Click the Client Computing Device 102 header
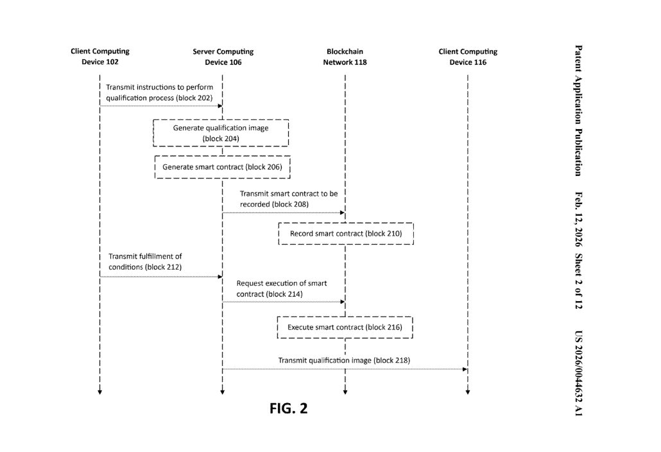(100, 56)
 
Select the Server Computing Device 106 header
(223, 56)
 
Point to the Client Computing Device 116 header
(468, 56)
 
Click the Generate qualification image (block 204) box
(221, 133)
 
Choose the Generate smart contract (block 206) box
(222, 167)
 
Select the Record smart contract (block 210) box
(345, 234)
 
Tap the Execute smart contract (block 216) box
(345, 327)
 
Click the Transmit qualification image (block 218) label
(343, 360)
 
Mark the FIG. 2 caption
(288, 408)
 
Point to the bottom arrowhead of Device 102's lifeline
(99, 391)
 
